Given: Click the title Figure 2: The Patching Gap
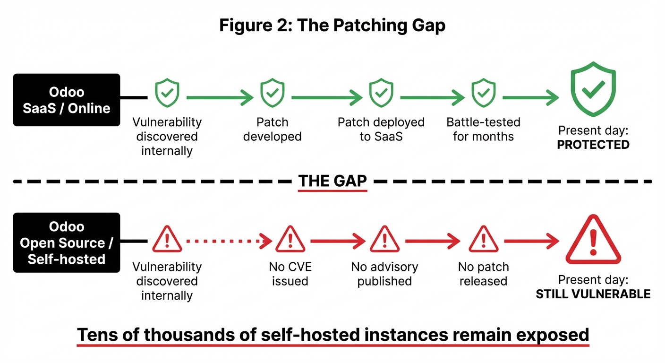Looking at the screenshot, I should (x=332, y=26).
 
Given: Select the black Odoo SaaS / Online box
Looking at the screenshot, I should (x=66, y=100).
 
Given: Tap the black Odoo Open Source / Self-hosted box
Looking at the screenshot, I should (x=66, y=242).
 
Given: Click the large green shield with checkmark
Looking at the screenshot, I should (x=593, y=89).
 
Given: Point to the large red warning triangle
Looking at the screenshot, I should (x=593, y=240).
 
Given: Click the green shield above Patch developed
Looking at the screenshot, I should (x=272, y=93).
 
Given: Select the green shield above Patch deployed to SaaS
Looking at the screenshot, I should (x=381, y=93).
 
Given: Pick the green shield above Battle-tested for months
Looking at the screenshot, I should (x=483, y=93).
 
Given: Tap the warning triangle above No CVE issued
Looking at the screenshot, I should (x=290, y=239).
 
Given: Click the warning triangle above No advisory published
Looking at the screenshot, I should (x=384, y=239).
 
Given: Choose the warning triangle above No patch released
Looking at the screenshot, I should (x=482, y=239).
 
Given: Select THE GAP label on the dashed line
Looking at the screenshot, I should (x=332, y=181).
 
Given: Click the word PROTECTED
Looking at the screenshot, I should (x=593, y=145).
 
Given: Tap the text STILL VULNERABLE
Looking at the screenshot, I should (x=593, y=294).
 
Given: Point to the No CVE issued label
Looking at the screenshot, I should (x=290, y=274).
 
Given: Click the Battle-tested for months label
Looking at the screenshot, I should (x=483, y=129).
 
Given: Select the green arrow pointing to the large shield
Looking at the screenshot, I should (x=530, y=98).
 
